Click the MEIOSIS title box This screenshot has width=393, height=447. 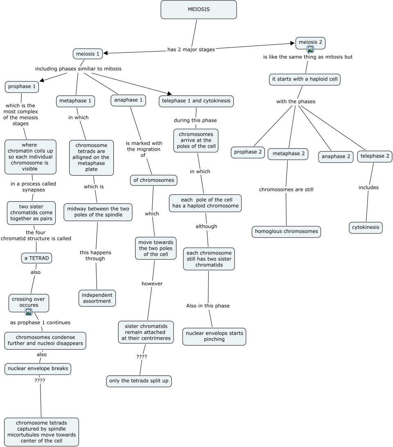199,9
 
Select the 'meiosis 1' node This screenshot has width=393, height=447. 88,54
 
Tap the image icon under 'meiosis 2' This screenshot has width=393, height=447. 310,50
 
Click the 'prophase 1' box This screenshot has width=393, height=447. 22,87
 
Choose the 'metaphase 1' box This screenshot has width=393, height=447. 75,101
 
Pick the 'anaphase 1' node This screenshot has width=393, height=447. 129,100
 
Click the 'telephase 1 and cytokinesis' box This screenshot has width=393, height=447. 196,101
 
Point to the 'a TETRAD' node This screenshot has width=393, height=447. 37,258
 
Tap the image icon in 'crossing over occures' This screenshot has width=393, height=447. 29,312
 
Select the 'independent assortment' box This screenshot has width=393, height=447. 97,298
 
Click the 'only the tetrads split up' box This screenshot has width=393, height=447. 139,381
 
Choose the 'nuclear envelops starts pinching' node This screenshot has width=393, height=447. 214,336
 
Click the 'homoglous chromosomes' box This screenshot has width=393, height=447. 286,231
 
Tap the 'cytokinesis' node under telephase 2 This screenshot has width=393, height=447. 366,228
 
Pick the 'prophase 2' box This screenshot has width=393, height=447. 248,152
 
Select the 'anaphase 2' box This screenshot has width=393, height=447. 336,156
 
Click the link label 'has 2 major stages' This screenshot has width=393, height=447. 191,50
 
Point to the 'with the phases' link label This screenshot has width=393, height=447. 296,102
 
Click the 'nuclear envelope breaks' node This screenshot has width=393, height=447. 38,368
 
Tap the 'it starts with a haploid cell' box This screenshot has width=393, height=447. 305,79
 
